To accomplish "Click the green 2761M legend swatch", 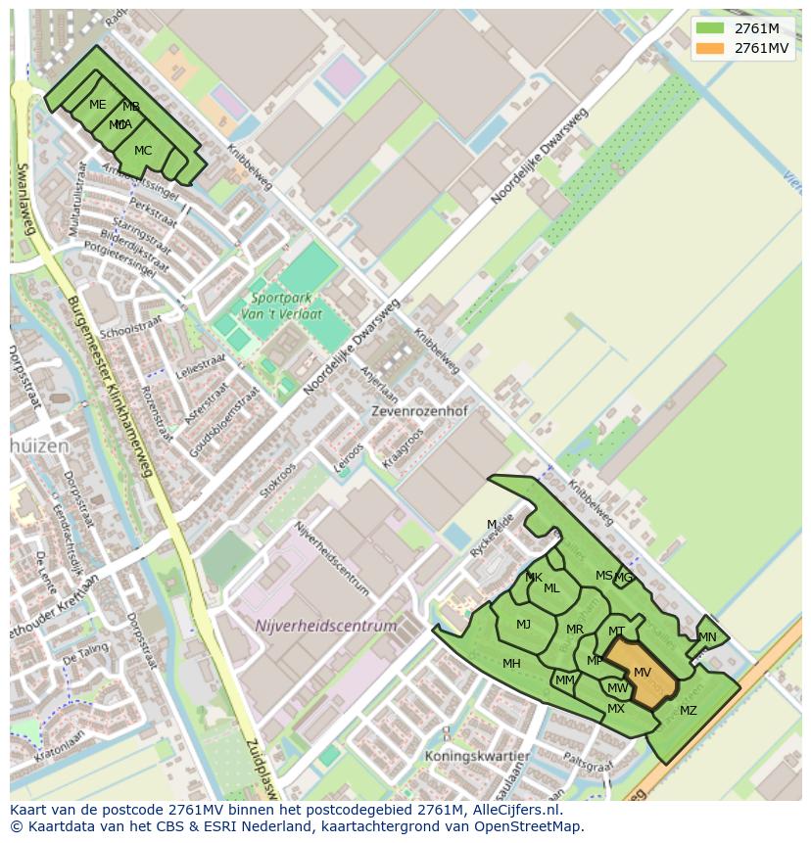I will pos(710,28).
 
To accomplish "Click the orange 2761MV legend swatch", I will pos(710,48).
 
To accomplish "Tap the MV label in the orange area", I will pos(643,673).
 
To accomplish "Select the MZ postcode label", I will pos(689,711).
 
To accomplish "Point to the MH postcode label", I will pos(511,664).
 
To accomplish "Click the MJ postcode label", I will pos(524,625).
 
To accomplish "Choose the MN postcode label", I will pos(707,637).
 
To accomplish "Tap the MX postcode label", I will pos(616,709).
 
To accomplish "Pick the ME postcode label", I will pos(98,105).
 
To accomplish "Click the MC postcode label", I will pos(143,151).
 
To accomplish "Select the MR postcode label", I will pos(575,630).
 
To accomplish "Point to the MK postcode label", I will pos(534,578).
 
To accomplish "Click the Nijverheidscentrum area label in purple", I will pos(326,626).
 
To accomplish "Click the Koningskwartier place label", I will pos(477,757).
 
